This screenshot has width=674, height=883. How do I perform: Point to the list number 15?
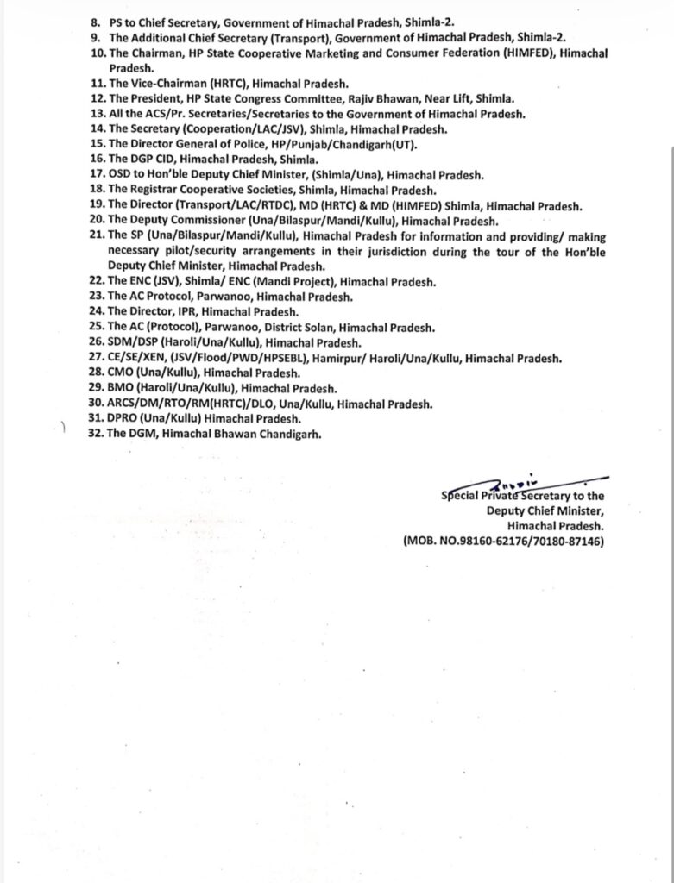point(97,145)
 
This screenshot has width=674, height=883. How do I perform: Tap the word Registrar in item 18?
point(156,190)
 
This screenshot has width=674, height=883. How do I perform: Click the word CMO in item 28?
point(122,373)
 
